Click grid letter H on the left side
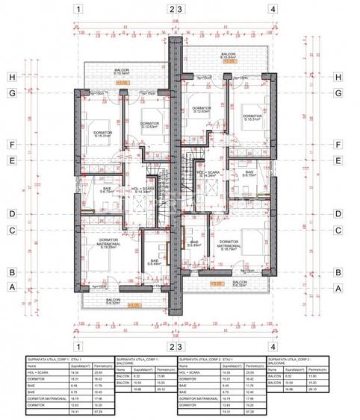[12, 77]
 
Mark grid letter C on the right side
[338, 230]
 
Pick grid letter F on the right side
[338, 145]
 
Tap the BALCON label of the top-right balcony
[228, 55]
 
